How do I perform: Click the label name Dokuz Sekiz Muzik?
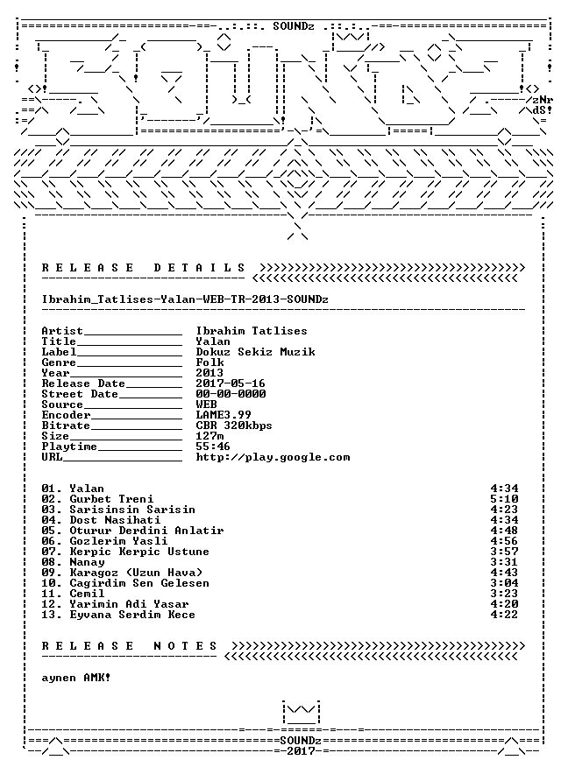[x=256, y=352]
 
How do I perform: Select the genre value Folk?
[x=210, y=362]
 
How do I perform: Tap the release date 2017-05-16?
[x=231, y=383]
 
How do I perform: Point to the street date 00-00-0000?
[x=231, y=394]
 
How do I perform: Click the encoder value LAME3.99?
[x=224, y=415]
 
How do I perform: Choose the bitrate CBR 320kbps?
[x=234, y=426]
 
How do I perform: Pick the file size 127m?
[x=210, y=436]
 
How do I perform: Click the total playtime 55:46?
[x=213, y=447]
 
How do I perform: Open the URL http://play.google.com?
[x=273, y=457]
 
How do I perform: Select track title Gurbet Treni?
[x=111, y=499]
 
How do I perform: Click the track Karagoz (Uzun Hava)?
[x=136, y=573]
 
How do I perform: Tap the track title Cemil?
[x=87, y=594]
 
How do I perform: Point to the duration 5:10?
[x=504, y=499]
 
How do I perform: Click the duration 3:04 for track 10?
[x=504, y=583]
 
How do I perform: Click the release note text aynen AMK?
[x=76, y=678]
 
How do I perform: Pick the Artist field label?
[x=62, y=331]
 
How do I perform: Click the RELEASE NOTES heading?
[x=130, y=645]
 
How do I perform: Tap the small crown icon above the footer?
[x=301, y=712]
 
